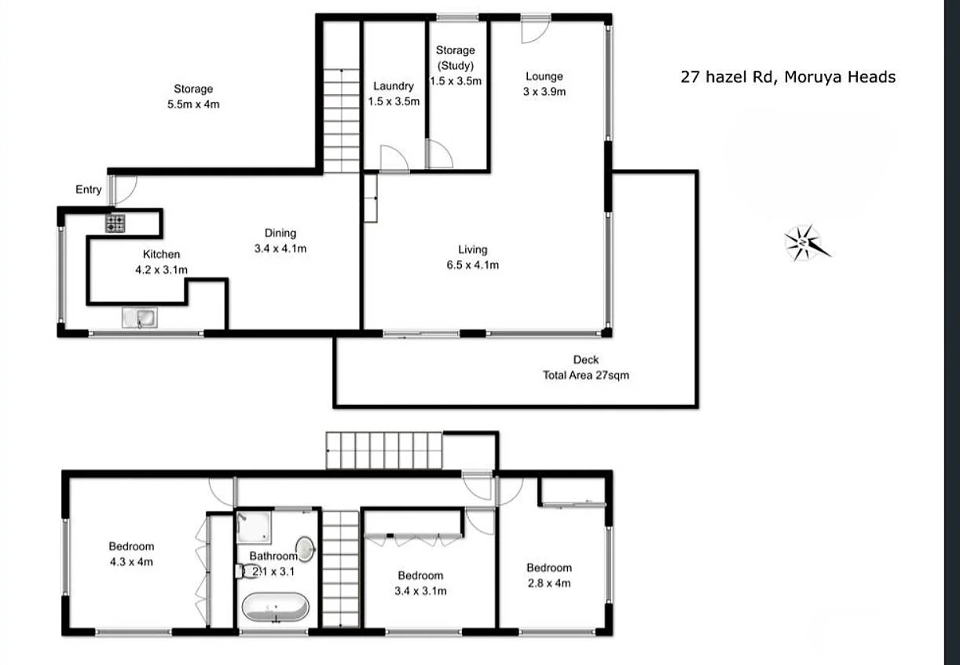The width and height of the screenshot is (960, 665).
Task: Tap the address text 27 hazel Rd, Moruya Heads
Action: (x=787, y=77)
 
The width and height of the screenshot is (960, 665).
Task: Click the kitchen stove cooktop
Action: (x=115, y=223)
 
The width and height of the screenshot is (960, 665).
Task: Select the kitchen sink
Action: (x=141, y=318)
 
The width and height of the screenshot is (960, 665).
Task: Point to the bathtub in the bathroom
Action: (x=275, y=608)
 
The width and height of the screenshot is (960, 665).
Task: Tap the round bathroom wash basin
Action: (x=304, y=548)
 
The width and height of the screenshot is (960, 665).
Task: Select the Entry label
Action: (x=89, y=189)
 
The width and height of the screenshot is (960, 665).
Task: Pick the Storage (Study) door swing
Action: (x=439, y=155)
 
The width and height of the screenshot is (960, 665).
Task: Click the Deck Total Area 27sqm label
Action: (x=585, y=368)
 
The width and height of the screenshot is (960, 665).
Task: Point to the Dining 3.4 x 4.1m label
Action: (x=280, y=241)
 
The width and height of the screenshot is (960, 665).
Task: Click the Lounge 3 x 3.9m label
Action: (x=544, y=83)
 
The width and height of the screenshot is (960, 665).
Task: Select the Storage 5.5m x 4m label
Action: (x=193, y=96)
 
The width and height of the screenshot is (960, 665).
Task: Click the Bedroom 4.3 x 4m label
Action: (x=131, y=554)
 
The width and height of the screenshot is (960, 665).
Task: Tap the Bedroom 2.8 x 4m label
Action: (x=549, y=575)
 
